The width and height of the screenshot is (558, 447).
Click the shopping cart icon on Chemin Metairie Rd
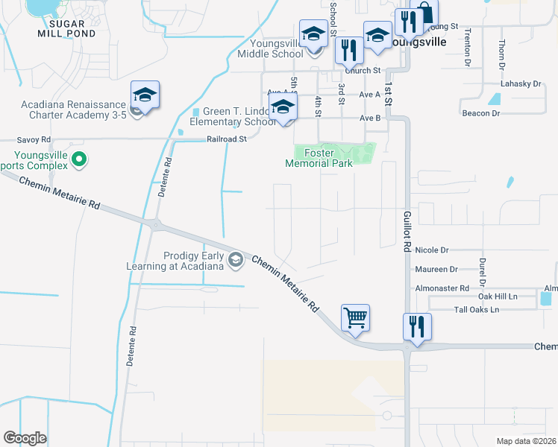356,318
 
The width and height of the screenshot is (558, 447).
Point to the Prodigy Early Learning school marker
236,259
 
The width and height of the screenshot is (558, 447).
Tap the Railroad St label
227,139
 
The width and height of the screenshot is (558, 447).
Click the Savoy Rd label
34,139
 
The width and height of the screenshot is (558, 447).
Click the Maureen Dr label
438,269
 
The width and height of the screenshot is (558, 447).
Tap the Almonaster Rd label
443,288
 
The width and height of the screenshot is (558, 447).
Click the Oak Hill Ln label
498,297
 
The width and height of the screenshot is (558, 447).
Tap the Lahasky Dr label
520,84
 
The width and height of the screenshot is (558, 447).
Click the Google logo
25,437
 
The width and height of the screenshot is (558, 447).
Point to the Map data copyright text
527,441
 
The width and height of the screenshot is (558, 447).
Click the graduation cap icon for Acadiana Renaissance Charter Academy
145,95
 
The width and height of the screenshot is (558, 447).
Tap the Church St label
366,71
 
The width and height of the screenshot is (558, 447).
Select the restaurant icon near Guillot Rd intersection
417,326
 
